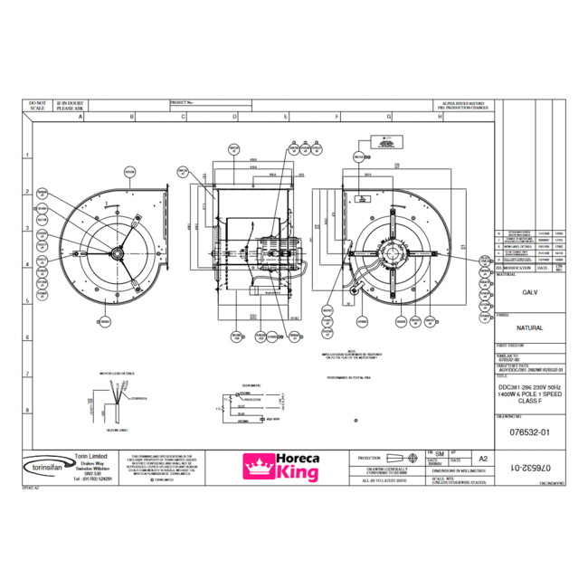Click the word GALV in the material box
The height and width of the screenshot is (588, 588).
point(531,293)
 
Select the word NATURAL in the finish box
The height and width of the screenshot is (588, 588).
point(531,327)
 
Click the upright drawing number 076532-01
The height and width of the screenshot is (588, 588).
point(531,433)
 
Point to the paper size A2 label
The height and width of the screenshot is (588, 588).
point(482,460)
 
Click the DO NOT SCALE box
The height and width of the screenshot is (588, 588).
point(37,106)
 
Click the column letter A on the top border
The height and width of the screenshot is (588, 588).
point(81,118)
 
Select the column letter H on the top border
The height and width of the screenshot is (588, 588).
point(441,118)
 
